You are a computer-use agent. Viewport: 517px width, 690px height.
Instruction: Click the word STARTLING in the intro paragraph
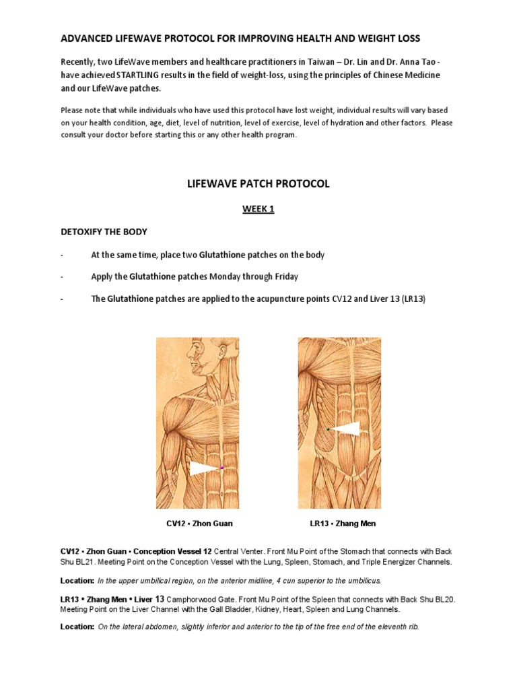pos(164,75)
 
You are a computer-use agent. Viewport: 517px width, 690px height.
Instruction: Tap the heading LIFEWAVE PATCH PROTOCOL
pos(258,183)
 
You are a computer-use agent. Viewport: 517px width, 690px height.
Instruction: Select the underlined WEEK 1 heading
pos(258,210)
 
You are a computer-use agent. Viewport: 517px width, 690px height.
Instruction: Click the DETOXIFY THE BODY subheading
pos(104,232)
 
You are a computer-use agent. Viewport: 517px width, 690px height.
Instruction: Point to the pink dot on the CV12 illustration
pos(221,468)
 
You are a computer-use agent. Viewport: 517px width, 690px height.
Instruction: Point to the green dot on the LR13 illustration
pos(328,429)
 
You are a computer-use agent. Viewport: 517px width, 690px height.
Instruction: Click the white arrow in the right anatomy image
pos(345,429)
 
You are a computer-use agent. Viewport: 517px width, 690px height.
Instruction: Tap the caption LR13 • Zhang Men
pos(343,523)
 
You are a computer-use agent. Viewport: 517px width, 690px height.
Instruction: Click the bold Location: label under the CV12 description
pos(77,580)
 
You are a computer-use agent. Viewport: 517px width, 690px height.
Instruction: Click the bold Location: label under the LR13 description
pos(77,626)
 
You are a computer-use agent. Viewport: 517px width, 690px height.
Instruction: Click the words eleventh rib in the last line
pos(397,626)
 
